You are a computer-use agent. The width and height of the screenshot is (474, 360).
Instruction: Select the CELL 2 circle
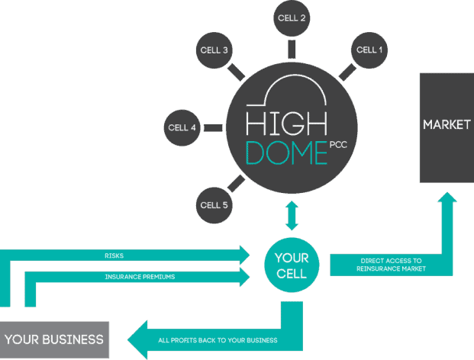[x=292, y=18]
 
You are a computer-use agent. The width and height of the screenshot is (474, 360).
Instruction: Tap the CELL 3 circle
[x=214, y=51]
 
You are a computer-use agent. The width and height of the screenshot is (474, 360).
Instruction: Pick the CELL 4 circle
[x=183, y=127]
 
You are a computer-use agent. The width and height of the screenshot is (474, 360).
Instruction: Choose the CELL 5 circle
[x=214, y=204]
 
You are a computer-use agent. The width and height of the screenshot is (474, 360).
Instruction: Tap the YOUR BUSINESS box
[x=53, y=339]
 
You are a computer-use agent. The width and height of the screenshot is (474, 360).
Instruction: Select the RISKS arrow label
[x=114, y=256]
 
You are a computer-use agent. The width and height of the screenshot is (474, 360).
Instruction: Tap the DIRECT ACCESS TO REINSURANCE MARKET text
[x=390, y=264]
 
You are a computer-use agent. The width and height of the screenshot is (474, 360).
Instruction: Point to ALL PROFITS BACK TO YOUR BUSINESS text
[x=218, y=339]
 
